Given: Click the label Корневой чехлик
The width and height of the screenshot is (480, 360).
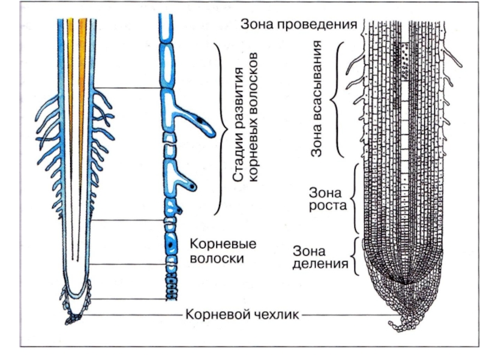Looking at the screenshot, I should tap(242, 314).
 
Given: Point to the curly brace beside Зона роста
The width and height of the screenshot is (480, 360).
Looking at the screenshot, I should tap(356, 200).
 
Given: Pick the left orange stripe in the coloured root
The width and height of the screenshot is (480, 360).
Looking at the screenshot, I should tap(70, 90).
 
